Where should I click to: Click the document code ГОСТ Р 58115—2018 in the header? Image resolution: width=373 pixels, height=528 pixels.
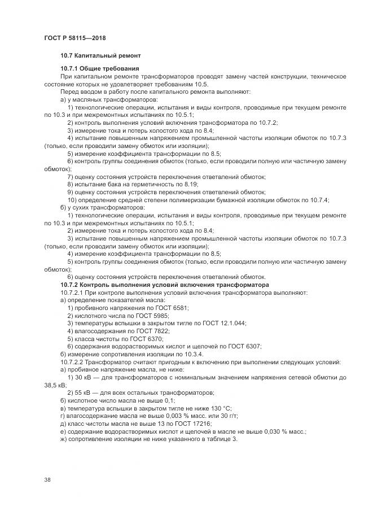[x=74, y=38]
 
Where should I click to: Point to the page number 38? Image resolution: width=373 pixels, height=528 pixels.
[x=47, y=479]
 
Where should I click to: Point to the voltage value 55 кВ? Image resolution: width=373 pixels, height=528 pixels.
[x=82, y=392]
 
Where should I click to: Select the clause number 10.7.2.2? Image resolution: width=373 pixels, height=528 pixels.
[x=76, y=361]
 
